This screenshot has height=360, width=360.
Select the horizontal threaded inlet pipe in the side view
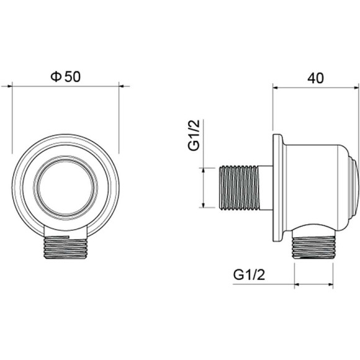[240, 187]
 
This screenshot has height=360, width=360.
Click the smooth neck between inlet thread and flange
[266, 187]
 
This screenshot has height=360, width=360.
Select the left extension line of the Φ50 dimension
[12, 118]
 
